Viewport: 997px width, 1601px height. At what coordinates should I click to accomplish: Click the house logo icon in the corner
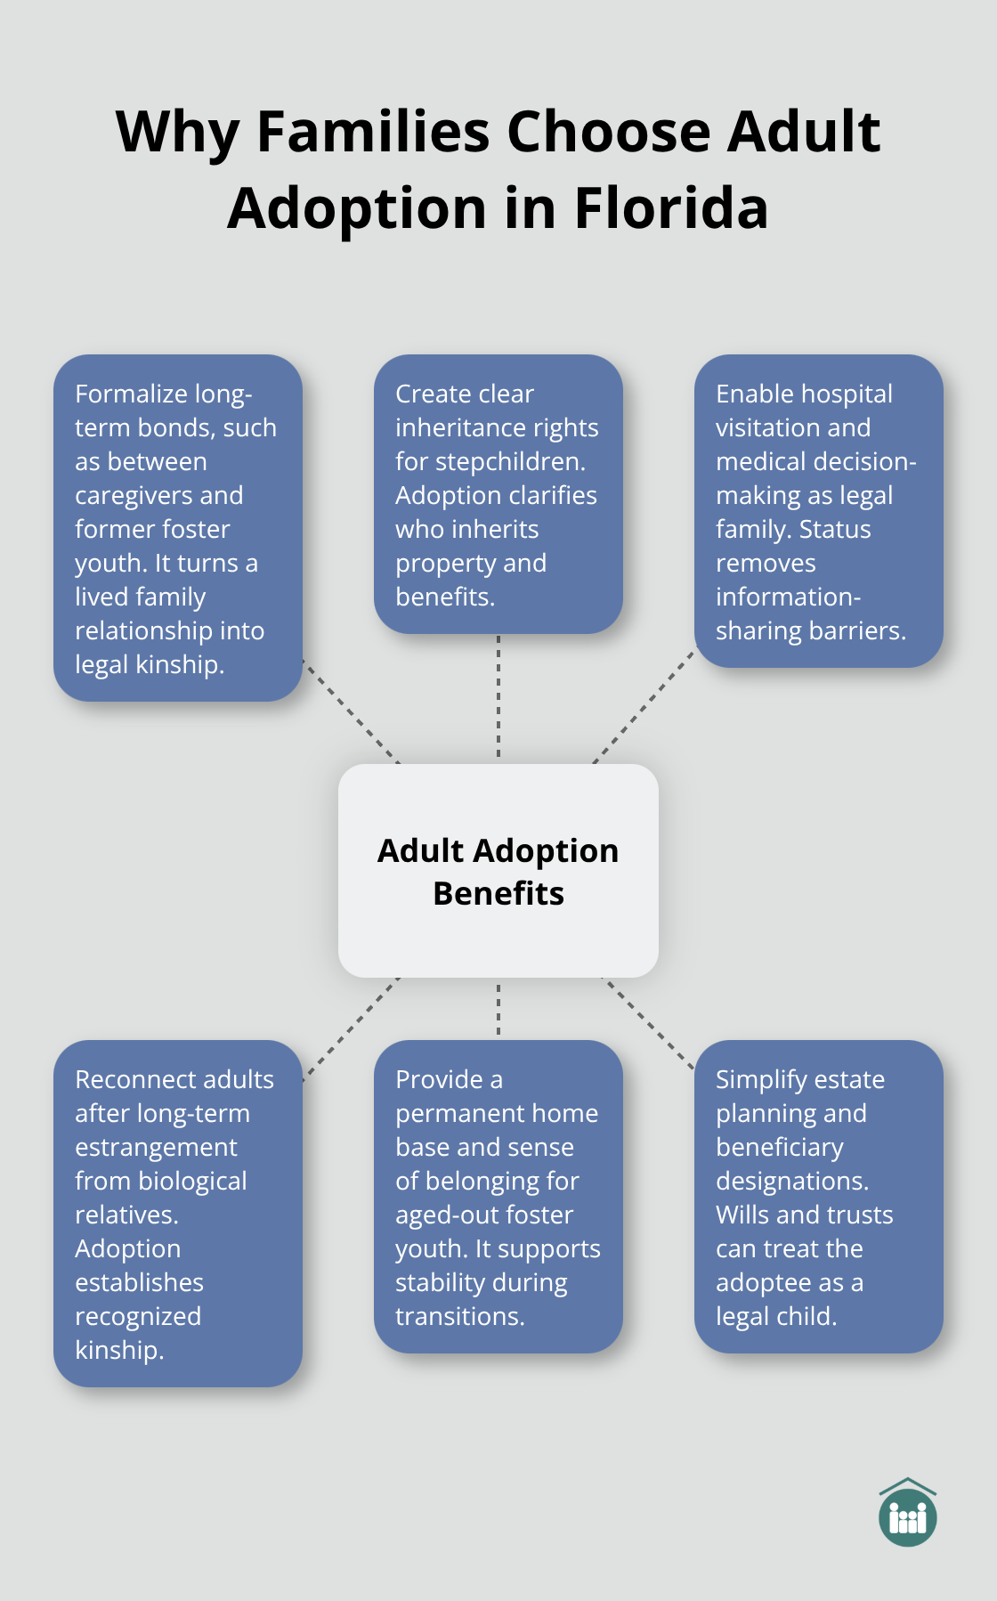click(x=907, y=1513)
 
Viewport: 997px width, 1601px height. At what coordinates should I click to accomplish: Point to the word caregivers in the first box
click(x=158, y=496)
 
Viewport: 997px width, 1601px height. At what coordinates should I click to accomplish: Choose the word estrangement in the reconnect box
click(x=156, y=1148)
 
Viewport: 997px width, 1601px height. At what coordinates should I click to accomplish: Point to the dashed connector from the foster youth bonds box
click(x=351, y=711)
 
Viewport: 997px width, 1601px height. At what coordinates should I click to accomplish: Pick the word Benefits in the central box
click(x=498, y=894)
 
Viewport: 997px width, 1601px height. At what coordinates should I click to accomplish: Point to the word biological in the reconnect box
click(x=191, y=1182)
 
